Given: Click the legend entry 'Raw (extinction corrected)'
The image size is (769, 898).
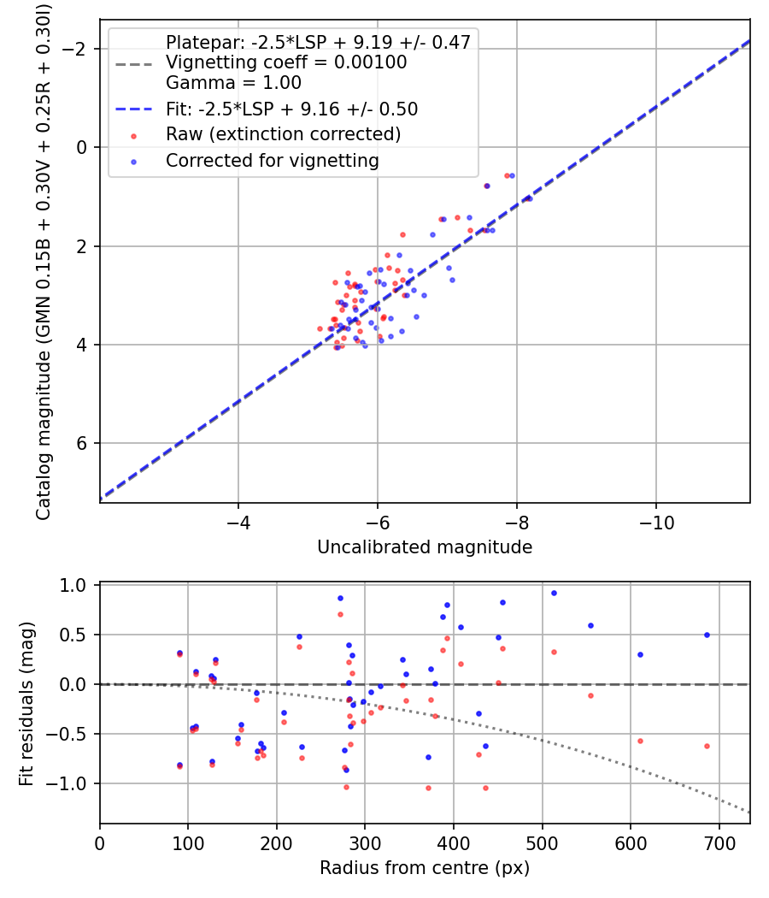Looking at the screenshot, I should pos(283,134).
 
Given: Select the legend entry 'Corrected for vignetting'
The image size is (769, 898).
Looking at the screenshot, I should pos(272,160).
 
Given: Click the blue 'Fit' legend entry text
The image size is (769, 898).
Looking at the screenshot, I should pos(291,109).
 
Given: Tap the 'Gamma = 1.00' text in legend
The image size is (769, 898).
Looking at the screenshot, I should pos(233,83).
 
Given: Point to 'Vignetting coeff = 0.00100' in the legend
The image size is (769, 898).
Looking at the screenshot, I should pos(286,62).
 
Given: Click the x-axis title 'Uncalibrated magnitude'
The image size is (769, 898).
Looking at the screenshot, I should pos(425,547).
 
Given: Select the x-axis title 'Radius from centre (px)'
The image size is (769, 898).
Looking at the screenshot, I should pos(425,868).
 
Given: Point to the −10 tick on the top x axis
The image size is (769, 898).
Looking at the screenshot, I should pos(655,521).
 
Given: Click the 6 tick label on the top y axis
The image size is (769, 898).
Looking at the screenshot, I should pos(83,443).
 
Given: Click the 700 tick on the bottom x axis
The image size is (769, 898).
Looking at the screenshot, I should pos(719,842).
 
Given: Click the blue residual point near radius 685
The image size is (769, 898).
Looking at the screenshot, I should pos(707,635).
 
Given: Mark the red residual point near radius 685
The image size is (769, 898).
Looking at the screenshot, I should pos(707,746).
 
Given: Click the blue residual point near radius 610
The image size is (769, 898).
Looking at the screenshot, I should pos(640,654).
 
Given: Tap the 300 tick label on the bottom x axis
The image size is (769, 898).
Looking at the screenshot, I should pos(365,842).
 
